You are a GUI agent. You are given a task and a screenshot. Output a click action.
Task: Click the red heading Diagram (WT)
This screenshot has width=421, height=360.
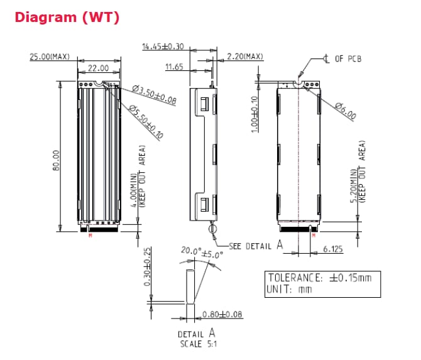click(x=67, y=17)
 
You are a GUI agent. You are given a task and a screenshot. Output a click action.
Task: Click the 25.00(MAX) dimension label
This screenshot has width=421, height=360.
click(x=50, y=57)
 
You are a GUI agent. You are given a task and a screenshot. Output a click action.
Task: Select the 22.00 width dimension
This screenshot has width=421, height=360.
click(x=99, y=68)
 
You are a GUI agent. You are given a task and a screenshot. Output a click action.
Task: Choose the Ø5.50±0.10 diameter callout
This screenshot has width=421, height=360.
click(x=145, y=123)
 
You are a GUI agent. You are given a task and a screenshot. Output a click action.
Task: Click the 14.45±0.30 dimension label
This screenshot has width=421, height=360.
click(x=163, y=46)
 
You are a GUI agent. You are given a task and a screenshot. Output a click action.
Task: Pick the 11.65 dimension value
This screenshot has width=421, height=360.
click(x=175, y=66)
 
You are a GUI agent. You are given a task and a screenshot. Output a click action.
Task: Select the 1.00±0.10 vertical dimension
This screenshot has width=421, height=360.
click(x=256, y=112)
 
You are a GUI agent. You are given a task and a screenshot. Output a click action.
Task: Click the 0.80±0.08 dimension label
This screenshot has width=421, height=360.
click(x=222, y=314)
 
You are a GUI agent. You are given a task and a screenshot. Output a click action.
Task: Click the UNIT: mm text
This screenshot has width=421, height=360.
click(x=290, y=290)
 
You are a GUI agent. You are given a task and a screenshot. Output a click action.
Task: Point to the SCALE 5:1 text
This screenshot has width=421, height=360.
click(x=197, y=344)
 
